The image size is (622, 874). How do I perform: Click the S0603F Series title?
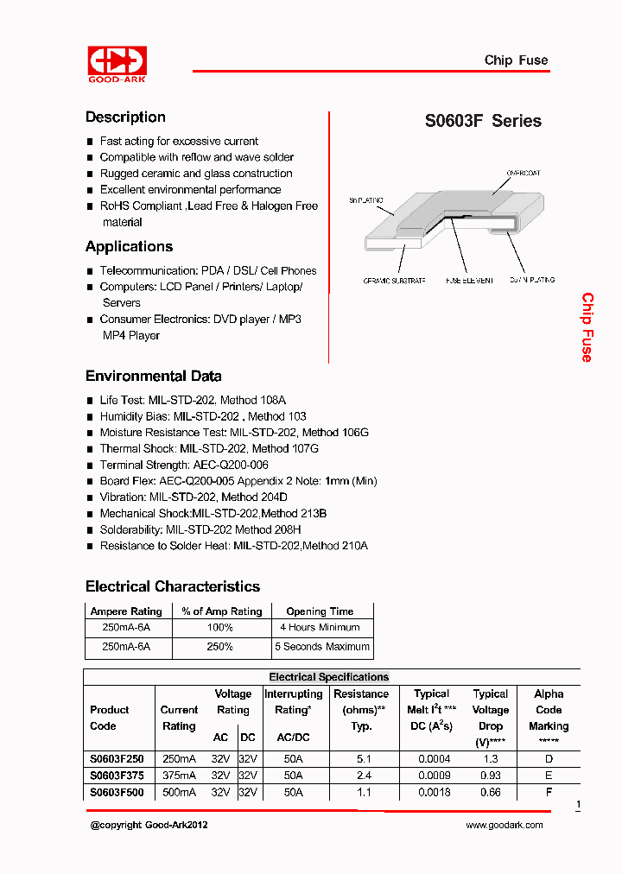coord(483,122)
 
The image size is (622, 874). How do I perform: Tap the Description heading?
coord(125,117)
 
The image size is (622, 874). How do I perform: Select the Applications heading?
coord(129,247)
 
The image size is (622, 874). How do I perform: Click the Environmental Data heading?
coord(153,377)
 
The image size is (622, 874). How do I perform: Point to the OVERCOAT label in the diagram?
coord(524,174)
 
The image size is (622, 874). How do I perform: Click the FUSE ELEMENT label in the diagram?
coord(469,281)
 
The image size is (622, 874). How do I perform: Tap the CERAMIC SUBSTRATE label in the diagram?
coord(394,281)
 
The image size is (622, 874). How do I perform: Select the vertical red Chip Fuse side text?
coord(587,327)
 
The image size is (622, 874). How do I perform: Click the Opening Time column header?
coord(319,611)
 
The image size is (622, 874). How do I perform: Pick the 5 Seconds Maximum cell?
coord(321,647)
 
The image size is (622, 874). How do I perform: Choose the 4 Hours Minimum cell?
coord(320,628)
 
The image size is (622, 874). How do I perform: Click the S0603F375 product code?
coord(117,776)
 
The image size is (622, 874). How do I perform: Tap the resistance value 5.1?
coord(363,759)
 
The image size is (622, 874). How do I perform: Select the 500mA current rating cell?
coord(179,792)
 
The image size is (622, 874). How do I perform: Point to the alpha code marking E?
coord(549,776)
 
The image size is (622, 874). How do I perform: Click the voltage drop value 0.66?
coord(490,792)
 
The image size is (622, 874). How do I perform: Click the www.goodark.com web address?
coord(504,826)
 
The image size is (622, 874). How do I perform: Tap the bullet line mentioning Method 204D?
coord(194,497)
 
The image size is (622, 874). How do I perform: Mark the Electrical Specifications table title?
coord(328,677)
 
